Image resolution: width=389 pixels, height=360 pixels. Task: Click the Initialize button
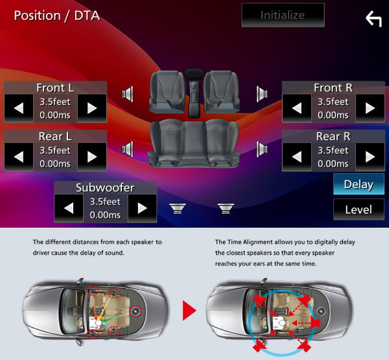(x=282, y=14)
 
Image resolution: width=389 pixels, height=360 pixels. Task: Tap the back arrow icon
(x=373, y=19)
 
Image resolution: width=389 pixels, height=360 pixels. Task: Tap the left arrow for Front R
(x=296, y=108)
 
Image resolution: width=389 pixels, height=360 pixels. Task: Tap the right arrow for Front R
(x=370, y=108)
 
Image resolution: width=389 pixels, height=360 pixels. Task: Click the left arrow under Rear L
(x=18, y=156)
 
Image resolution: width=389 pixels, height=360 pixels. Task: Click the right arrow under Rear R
(x=370, y=156)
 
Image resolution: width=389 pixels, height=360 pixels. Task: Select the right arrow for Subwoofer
(x=142, y=208)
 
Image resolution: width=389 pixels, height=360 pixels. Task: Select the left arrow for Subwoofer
(x=68, y=208)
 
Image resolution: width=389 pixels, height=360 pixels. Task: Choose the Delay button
(x=359, y=184)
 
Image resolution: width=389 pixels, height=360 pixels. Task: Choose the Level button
(x=359, y=210)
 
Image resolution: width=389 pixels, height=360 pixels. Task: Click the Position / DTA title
(x=57, y=14)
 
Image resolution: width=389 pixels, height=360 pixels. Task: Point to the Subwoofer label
(x=105, y=187)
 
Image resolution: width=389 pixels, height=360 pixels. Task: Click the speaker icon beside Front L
(x=128, y=94)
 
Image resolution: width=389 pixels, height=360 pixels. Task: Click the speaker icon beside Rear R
(x=262, y=150)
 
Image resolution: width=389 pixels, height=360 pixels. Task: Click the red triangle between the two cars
(x=189, y=311)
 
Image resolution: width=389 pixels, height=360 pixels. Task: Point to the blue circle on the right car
(x=250, y=337)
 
